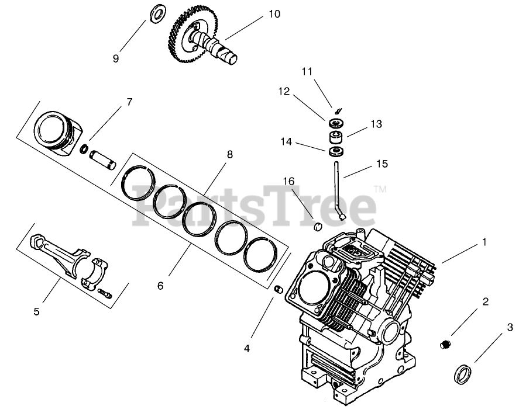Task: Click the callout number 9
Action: tap(116, 58)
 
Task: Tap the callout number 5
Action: tap(36, 311)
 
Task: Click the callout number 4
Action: tap(246, 349)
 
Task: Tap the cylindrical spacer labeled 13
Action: tap(336, 138)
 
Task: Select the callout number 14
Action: tap(286, 141)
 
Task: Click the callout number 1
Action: tap(484, 240)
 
